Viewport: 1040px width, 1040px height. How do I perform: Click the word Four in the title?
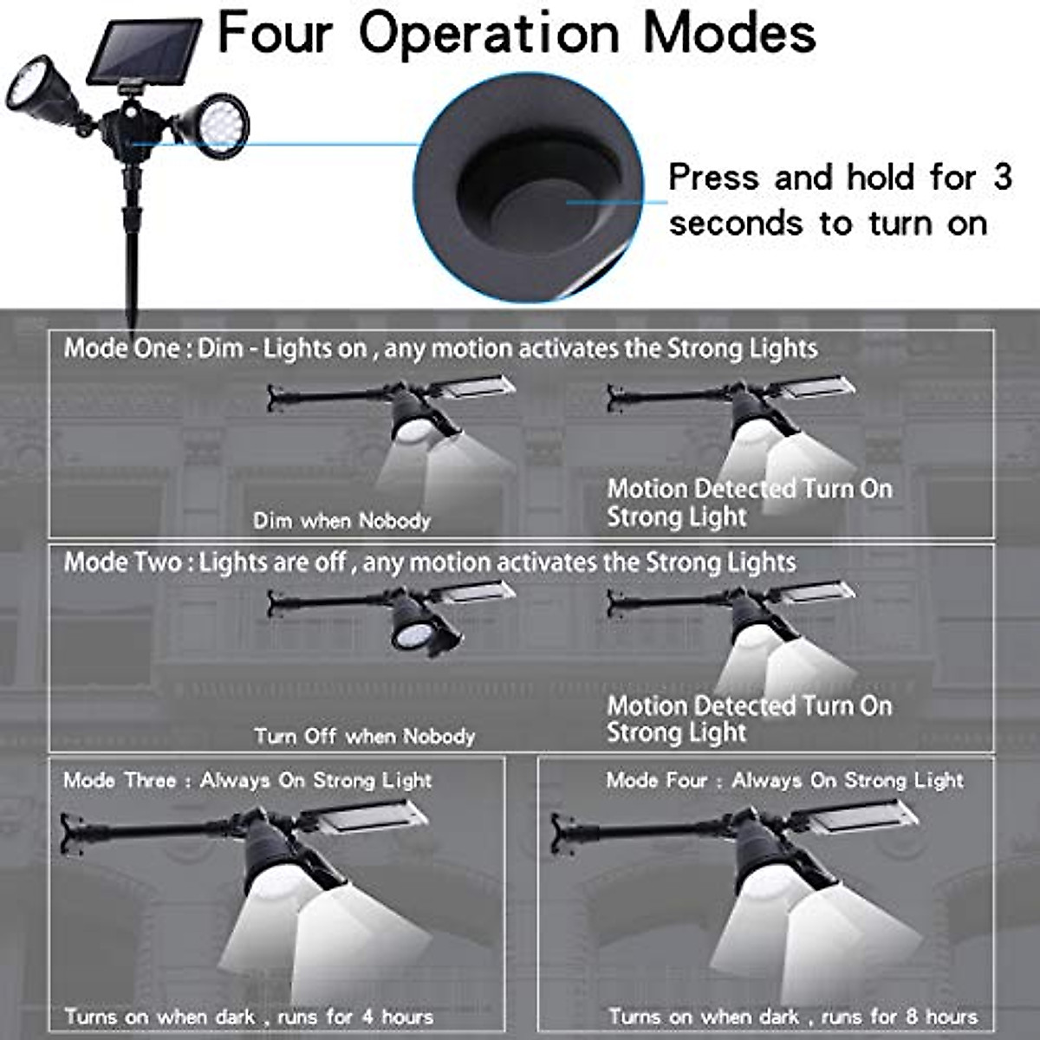point(276,33)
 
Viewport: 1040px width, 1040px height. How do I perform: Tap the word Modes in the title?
point(729,33)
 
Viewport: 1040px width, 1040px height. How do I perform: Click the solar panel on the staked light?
point(145,52)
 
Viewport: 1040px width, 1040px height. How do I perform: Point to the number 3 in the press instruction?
point(1002,177)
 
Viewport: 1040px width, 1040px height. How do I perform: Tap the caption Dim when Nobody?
point(341,521)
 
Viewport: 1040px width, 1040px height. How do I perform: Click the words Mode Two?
point(122,562)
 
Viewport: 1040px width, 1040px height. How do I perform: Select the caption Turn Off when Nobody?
point(364,737)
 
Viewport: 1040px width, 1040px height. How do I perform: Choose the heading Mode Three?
point(120,780)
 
